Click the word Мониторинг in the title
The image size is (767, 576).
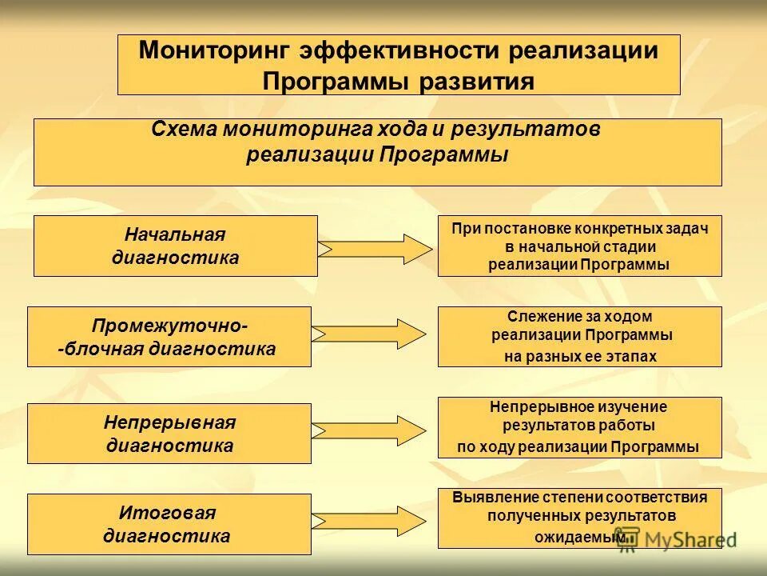(x=214, y=50)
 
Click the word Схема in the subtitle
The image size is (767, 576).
(x=183, y=128)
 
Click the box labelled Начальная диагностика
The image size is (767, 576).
(x=175, y=246)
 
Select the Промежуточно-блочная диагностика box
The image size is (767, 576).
(x=169, y=337)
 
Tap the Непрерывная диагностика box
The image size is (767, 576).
(x=169, y=433)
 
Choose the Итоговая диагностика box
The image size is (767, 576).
(x=169, y=524)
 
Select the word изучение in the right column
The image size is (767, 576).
(x=638, y=406)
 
